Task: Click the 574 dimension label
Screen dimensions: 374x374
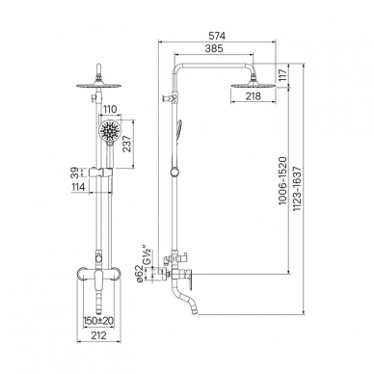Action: tap(218, 36)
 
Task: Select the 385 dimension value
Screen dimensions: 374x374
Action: tap(214, 48)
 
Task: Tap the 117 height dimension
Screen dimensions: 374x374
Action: tap(281, 75)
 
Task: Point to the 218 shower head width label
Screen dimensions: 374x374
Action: tap(254, 96)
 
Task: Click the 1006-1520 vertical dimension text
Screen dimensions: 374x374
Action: tap(281, 181)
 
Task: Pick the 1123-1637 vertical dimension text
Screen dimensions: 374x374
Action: tap(297, 189)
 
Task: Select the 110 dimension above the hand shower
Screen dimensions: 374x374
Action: tap(110, 110)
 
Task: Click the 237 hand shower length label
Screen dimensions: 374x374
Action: tap(127, 144)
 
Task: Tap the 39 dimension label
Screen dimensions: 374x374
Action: tap(75, 172)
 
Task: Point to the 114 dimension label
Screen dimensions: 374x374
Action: tap(77, 187)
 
